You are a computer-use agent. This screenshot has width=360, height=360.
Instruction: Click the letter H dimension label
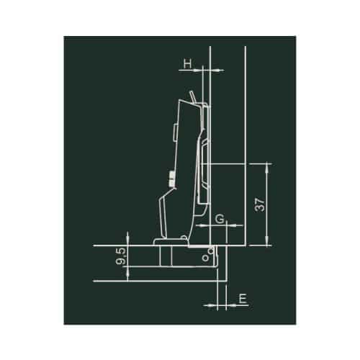(186, 64)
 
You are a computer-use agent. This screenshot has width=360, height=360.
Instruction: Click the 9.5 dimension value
(120, 256)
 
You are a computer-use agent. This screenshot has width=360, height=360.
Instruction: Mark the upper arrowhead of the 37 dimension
(267, 166)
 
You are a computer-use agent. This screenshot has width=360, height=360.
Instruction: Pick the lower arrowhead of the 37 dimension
(267, 241)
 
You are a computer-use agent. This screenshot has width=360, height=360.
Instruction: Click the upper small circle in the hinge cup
(211, 250)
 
